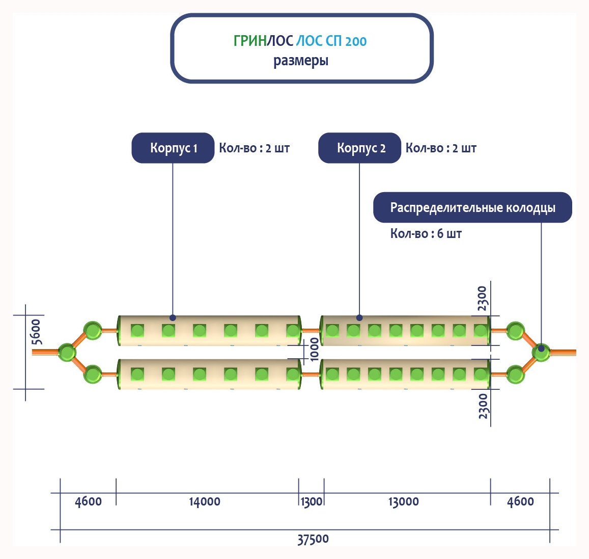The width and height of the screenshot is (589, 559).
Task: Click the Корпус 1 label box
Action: [173, 148]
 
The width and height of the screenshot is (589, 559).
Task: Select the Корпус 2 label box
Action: [360, 148]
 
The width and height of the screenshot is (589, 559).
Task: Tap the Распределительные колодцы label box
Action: [472, 207]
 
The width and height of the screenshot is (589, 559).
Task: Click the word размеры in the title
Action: [301, 61]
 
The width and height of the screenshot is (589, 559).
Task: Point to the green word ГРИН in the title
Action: [250, 41]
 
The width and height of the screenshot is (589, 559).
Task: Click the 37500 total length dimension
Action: [313, 539]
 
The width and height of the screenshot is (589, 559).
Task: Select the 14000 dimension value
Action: [205, 502]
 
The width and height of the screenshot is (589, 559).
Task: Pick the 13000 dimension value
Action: [404, 502]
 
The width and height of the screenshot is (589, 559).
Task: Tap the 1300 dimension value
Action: [312, 502]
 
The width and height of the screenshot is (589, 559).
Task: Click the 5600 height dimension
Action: [37, 332]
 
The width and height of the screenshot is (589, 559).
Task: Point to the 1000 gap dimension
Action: [315, 349]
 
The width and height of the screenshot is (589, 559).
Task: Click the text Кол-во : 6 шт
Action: [426, 234]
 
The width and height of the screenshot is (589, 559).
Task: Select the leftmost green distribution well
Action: [67, 352]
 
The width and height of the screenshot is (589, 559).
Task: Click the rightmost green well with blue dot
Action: [541, 351]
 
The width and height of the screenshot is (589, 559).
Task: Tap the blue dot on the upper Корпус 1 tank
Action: [173, 317]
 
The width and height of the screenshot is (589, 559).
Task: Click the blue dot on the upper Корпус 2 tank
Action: [359, 317]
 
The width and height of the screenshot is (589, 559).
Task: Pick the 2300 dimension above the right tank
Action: [483, 299]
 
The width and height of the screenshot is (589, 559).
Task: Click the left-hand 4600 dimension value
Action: [88, 502]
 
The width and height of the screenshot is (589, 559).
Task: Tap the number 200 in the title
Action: [356, 41]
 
